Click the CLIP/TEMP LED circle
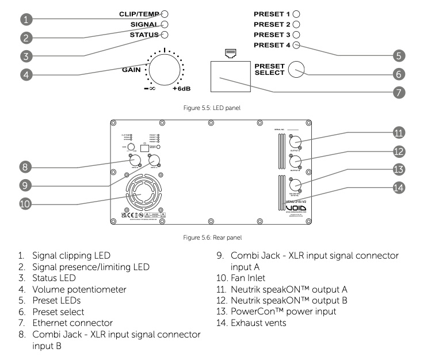click(165, 14)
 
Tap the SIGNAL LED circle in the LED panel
click(165, 24)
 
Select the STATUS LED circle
click(165, 35)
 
